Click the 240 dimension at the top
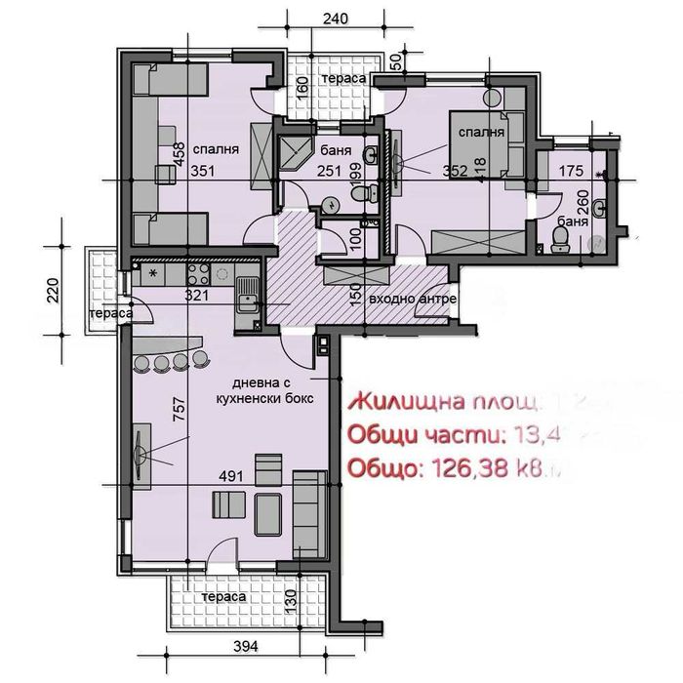pos(335,19)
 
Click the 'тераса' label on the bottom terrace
pos(217,596)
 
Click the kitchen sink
pos(248,290)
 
